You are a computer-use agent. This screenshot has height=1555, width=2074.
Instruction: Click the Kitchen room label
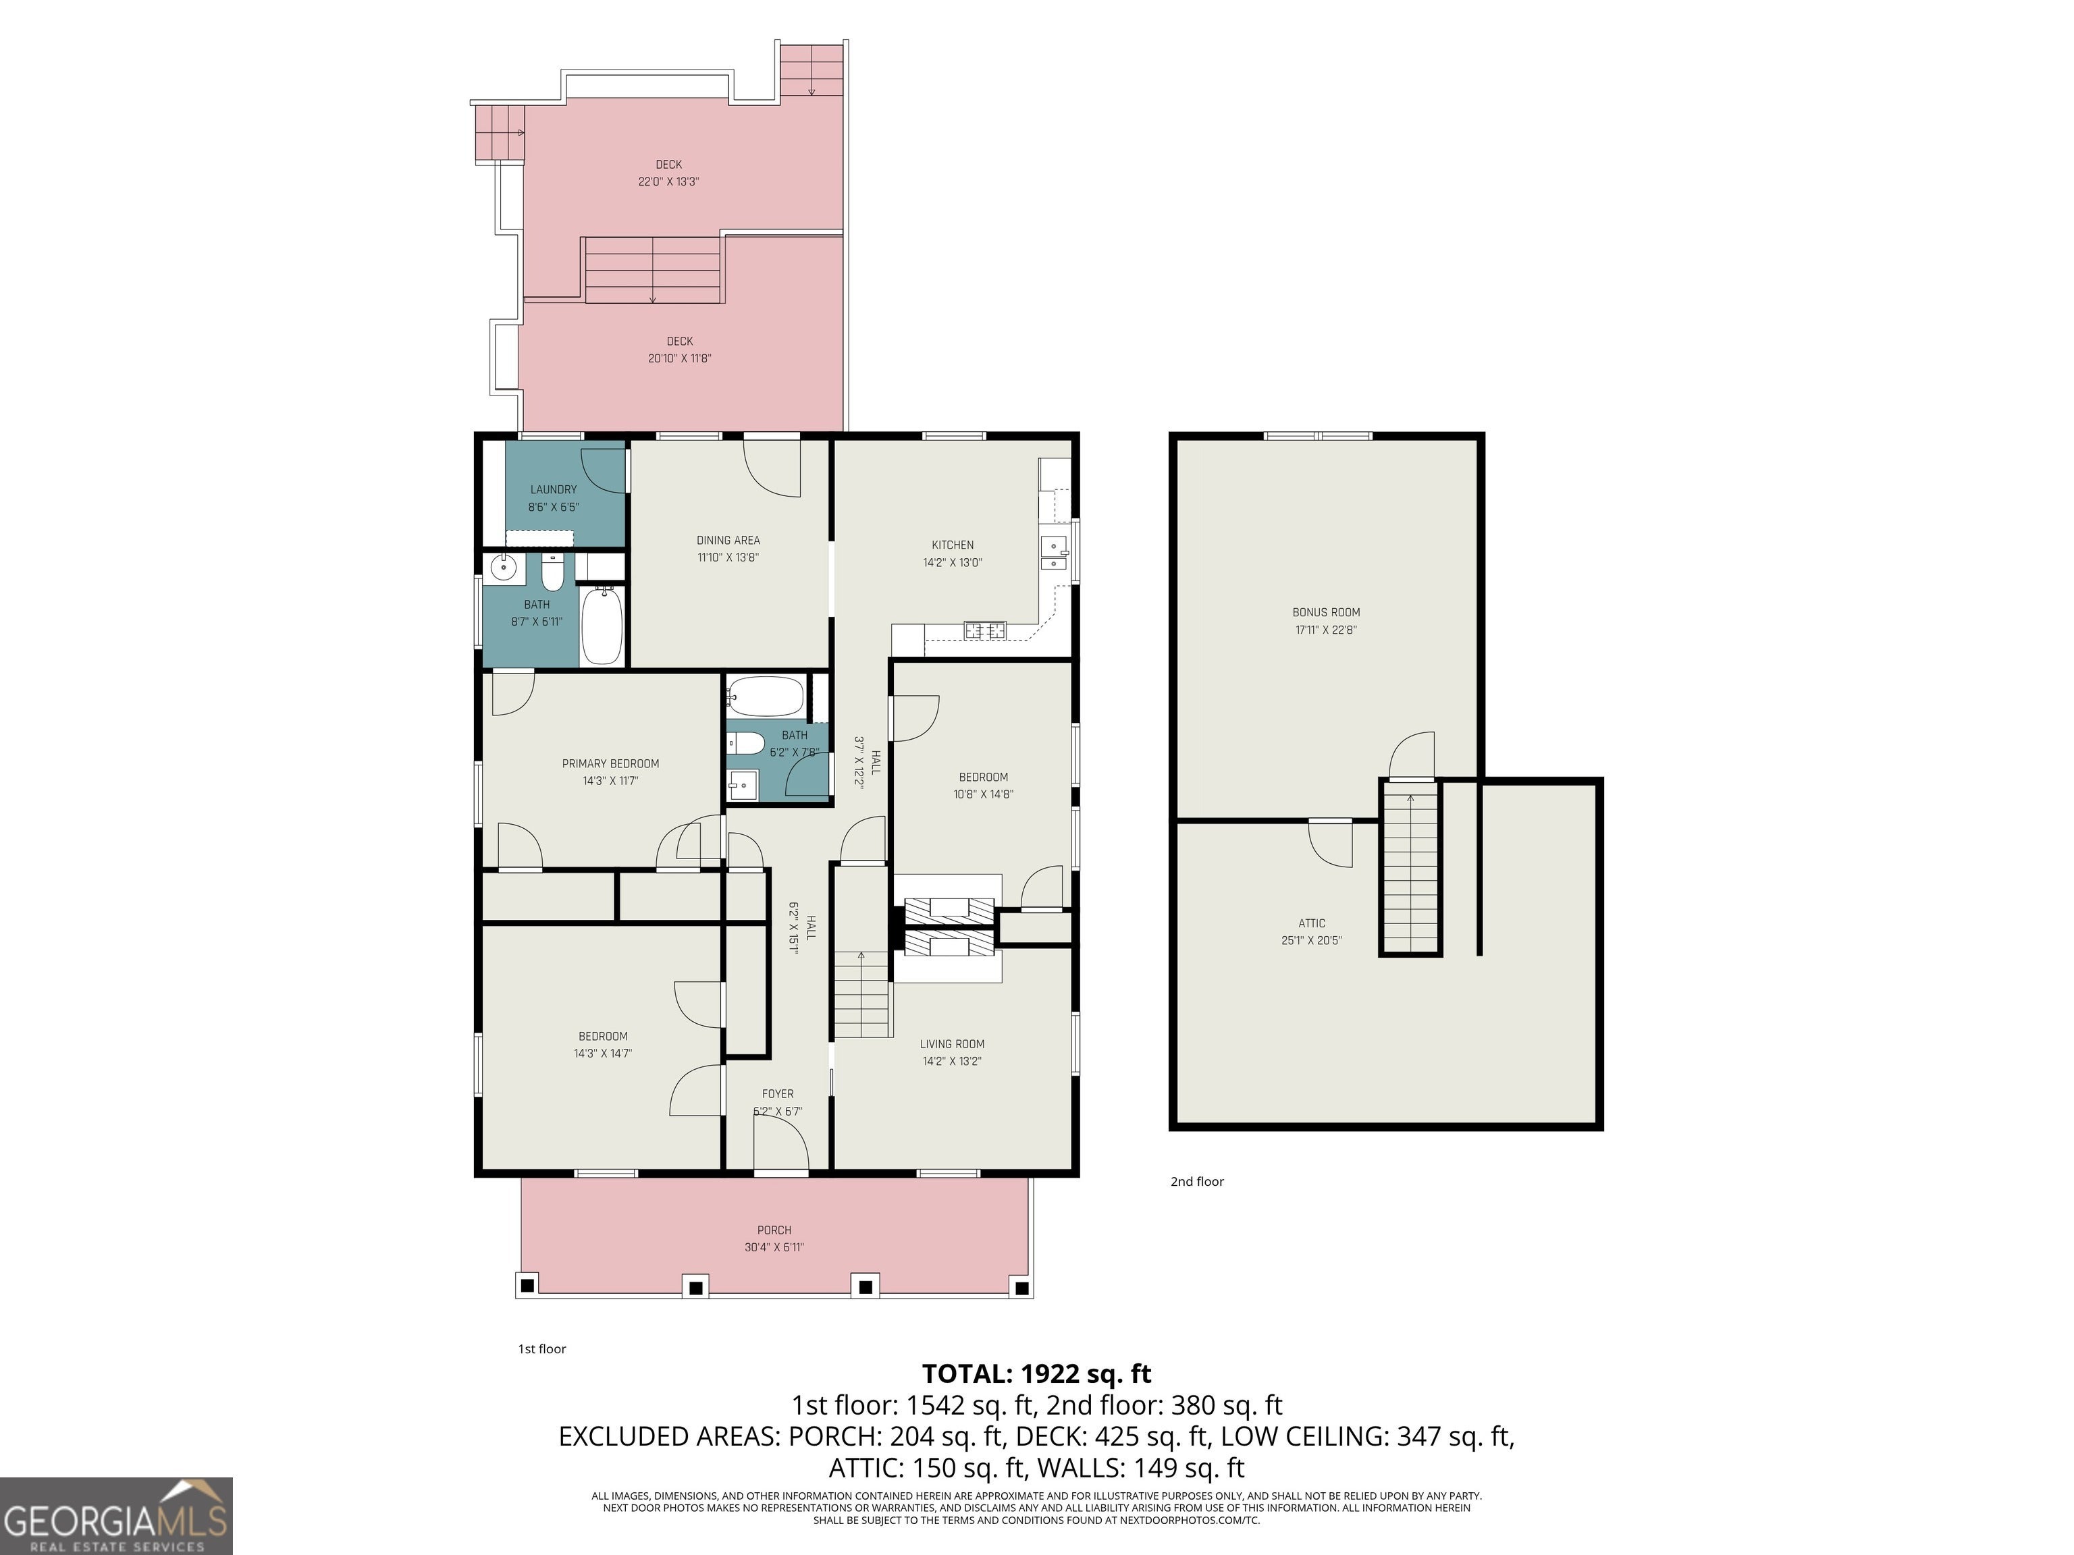pyautogui.click(x=953, y=545)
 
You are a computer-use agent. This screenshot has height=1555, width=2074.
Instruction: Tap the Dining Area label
pyautogui.click(x=728, y=540)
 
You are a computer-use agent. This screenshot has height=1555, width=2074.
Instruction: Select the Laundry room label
pyautogui.click(x=553, y=489)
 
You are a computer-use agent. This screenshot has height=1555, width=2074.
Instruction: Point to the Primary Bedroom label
pyautogui.click(x=610, y=763)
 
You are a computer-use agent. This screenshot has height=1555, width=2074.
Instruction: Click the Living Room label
pyautogui.click(x=952, y=1044)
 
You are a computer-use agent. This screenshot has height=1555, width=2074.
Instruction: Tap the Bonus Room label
pyautogui.click(x=1326, y=612)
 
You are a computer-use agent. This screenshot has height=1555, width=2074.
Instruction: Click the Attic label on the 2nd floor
pyautogui.click(x=1312, y=923)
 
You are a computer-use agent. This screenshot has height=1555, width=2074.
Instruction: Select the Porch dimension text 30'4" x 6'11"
pyautogui.click(x=774, y=1247)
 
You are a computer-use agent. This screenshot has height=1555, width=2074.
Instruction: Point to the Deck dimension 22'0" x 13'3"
pyautogui.click(x=668, y=182)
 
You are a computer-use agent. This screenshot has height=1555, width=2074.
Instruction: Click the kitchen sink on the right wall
pyautogui.click(x=1055, y=553)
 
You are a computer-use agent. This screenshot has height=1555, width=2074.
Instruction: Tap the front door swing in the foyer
pyautogui.click(x=781, y=1145)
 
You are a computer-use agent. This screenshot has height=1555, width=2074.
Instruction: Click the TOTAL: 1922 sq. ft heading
pyautogui.click(x=1036, y=1374)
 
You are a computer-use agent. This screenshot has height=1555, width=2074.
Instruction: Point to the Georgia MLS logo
pyautogui.click(x=116, y=1516)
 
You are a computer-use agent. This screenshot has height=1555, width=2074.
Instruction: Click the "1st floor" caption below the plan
pyautogui.click(x=542, y=1348)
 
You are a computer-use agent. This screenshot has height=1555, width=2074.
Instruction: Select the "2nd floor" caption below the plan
pyautogui.click(x=1197, y=1182)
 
